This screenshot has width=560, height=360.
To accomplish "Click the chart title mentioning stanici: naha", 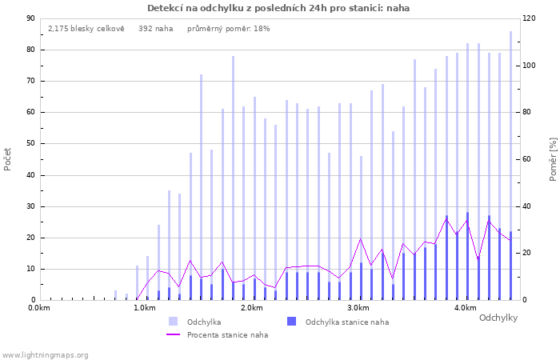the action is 278,8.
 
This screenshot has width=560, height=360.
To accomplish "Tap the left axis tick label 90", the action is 30,18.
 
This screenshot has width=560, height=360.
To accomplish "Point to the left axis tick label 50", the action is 30,143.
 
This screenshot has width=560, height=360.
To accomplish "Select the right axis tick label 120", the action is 530,18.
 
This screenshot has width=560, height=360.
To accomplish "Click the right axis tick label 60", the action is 527,159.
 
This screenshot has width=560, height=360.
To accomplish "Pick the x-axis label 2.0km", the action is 252,308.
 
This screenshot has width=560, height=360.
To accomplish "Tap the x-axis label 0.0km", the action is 39,308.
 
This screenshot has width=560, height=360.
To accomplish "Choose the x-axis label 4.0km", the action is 466,308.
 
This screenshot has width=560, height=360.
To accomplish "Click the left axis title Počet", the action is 7,159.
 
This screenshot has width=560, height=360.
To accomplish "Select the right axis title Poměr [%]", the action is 553,159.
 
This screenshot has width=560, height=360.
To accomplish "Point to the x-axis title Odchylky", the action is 498,318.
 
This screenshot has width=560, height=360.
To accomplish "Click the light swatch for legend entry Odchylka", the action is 173,321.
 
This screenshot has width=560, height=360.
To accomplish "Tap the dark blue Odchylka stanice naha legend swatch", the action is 291,321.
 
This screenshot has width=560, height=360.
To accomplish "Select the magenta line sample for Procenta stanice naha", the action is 173,334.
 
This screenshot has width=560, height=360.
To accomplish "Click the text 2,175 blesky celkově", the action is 86,29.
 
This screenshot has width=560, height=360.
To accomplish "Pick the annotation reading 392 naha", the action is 156,29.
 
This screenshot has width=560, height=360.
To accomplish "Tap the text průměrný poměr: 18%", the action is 229,29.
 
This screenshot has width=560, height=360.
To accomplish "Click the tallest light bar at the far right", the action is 510,166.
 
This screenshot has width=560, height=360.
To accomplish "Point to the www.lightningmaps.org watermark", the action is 45,355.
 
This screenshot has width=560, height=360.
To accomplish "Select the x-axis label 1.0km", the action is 145,308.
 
